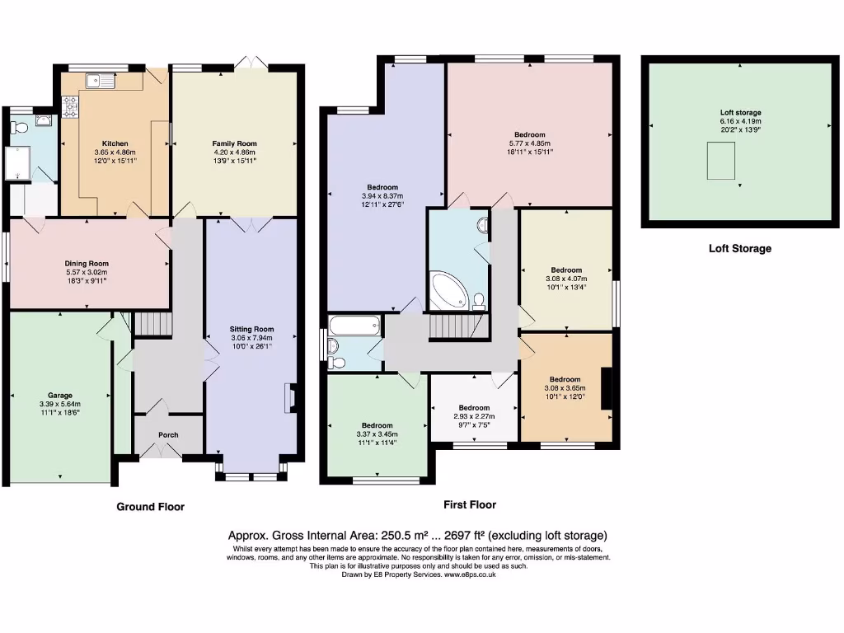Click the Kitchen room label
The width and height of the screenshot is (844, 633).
tap(115, 143)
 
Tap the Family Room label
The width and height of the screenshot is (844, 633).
tap(234, 143)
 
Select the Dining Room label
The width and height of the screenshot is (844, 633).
tap(87, 264)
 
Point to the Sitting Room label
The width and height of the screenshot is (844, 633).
tap(252, 330)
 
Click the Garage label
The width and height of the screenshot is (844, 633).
tap(59, 396)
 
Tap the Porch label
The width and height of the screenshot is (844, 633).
tap(168, 435)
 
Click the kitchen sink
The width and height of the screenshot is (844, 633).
tap(100, 81)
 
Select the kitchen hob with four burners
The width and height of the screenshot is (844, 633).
tap(71, 106)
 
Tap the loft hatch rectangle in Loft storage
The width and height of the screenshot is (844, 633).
tap(720, 161)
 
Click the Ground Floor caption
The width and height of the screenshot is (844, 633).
tap(151, 507)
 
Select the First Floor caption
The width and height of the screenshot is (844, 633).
tap(470, 505)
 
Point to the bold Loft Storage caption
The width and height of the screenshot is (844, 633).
tap(740, 249)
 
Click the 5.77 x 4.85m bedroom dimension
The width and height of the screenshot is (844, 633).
tap(530, 143)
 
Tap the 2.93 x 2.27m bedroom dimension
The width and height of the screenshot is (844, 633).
tap(474, 416)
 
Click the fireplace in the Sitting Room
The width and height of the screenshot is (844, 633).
tap(292, 398)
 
